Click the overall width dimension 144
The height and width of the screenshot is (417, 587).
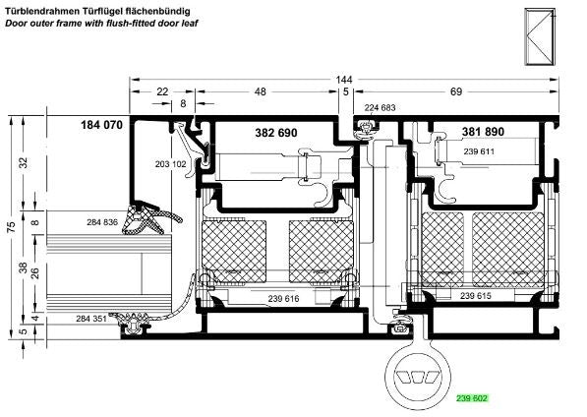344,80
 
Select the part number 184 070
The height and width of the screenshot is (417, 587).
101,125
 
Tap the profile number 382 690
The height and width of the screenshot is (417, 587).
276,133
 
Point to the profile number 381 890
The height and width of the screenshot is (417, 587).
483,132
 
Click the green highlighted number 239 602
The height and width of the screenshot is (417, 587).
472,398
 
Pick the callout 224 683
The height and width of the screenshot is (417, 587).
380,108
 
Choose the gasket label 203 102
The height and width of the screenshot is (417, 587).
170,164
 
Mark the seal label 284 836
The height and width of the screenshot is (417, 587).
102,222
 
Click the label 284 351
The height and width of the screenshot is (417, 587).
91,319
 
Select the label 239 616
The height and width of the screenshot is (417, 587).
283,299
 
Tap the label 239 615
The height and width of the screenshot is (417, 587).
476,296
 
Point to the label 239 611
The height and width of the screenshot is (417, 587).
479,151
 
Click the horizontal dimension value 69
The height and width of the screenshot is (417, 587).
456,91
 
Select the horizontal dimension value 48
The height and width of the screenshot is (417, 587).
261,91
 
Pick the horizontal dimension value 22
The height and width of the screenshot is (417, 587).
162,91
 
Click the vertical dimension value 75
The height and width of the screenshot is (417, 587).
12,227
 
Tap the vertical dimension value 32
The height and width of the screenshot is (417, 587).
24,163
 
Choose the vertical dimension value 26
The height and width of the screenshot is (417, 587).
35,272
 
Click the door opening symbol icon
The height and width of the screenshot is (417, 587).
540,36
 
